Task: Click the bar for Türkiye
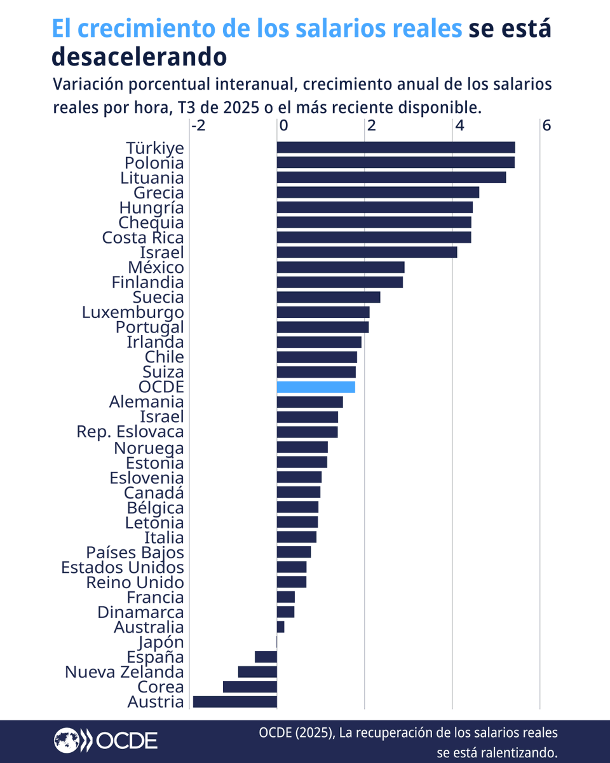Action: click(x=395, y=148)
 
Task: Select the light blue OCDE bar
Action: click(x=316, y=387)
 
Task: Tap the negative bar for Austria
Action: click(x=234, y=702)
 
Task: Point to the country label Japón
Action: click(x=156, y=642)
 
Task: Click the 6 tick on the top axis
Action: click(x=546, y=126)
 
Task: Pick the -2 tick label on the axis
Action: click(x=198, y=126)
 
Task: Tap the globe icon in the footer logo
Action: click(x=65, y=740)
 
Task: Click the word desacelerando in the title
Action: click(x=139, y=57)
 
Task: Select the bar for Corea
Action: click(x=250, y=687)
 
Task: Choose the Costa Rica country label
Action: click(x=143, y=237)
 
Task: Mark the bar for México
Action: click(x=340, y=267)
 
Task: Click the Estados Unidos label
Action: click(x=123, y=567)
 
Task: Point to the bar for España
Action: click(x=266, y=657)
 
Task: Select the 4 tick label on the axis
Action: click(x=457, y=126)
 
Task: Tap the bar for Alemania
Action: click(x=309, y=402)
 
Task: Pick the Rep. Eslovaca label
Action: click(x=130, y=432)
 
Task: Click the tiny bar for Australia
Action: click(x=280, y=627)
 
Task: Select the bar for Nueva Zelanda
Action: click(x=257, y=672)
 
